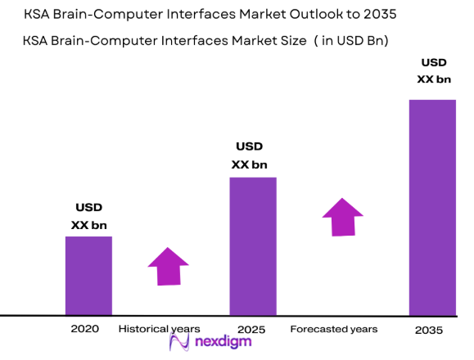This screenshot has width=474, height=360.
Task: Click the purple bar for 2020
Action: click(x=88, y=275)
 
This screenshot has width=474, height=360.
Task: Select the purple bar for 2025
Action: click(x=252, y=245)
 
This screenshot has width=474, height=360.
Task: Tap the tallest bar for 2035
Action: click(x=431, y=207)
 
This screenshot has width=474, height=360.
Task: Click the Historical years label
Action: click(x=159, y=329)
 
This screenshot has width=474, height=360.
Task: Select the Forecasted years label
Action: click(x=334, y=329)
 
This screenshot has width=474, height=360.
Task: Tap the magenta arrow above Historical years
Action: click(x=169, y=266)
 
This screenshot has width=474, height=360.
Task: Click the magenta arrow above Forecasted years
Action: click(x=342, y=215)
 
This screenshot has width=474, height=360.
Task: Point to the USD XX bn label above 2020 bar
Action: click(x=88, y=216)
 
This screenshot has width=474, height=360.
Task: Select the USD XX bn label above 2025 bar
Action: click(x=250, y=155)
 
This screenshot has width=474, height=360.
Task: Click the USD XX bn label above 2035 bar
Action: click(x=433, y=70)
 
